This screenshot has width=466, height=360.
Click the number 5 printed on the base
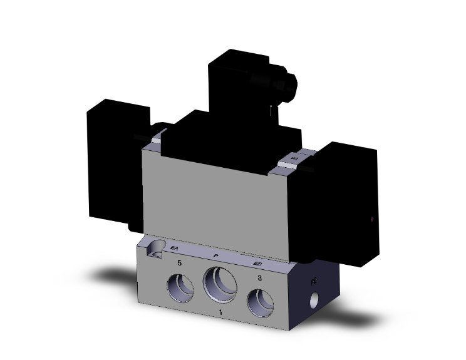coord(180,264)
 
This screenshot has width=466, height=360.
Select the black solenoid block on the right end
coord(341,200)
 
